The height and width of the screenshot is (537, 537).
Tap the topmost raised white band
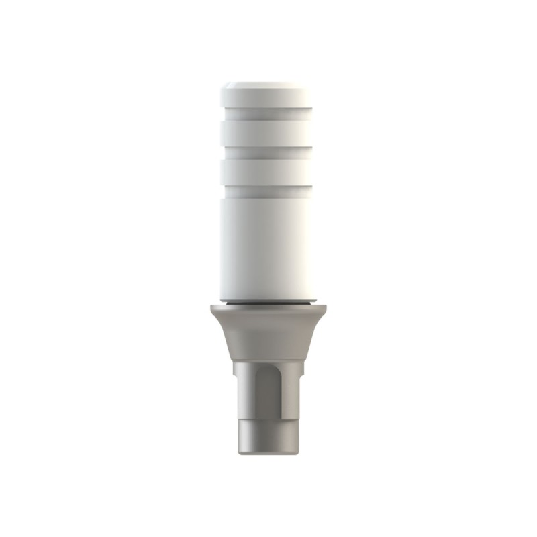(268, 101)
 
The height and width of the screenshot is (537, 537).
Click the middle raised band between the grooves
(268, 132)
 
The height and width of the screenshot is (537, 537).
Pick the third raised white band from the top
(268, 164)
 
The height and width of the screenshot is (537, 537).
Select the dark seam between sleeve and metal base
(268, 303)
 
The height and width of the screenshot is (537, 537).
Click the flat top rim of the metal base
(268, 309)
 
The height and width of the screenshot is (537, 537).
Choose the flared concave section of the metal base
(268, 336)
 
